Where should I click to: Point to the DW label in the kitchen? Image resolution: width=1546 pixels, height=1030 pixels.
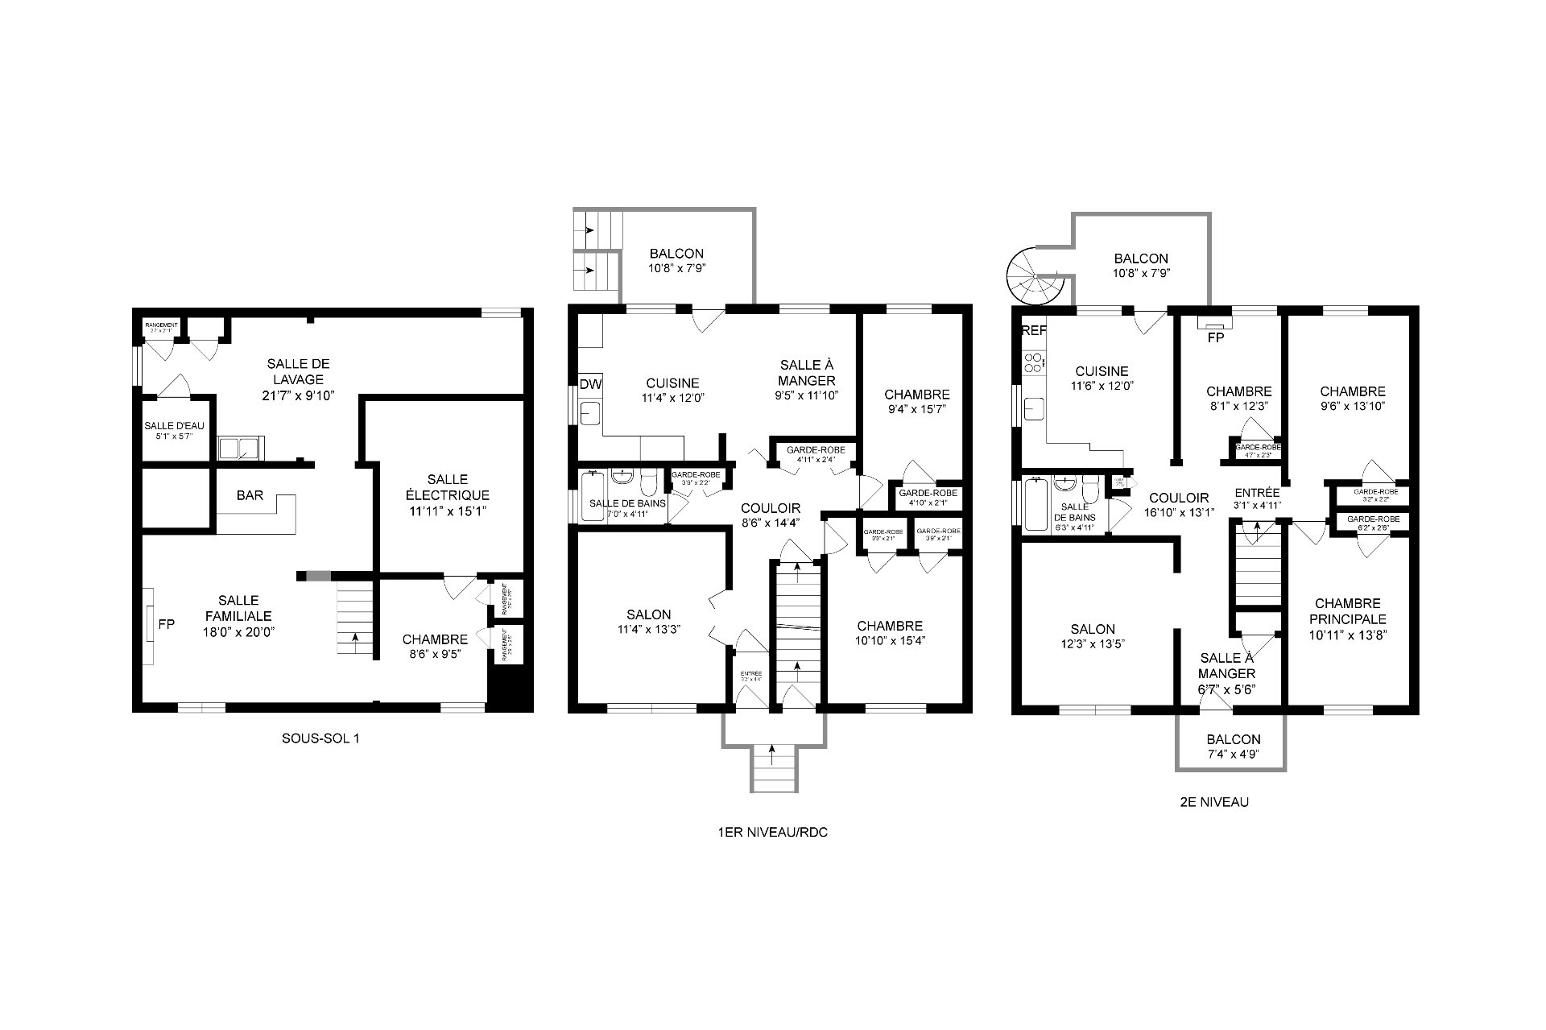tap(590, 385)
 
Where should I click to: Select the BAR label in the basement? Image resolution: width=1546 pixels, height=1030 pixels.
tap(250, 495)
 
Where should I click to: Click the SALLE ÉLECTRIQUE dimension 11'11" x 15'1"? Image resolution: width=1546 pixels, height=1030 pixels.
tap(447, 511)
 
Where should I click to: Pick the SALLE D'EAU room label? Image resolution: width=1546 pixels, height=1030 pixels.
tap(174, 426)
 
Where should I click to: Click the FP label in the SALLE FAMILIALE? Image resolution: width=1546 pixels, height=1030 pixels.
tap(166, 624)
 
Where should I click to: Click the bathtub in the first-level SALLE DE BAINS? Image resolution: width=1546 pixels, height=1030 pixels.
tap(592, 497)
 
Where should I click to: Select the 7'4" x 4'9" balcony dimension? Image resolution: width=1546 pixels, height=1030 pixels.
tap(1233, 754)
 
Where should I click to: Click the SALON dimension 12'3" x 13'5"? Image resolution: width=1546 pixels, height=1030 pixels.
tap(1093, 643)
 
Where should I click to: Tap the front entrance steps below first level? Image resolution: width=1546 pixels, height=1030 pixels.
tap(772, 769)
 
